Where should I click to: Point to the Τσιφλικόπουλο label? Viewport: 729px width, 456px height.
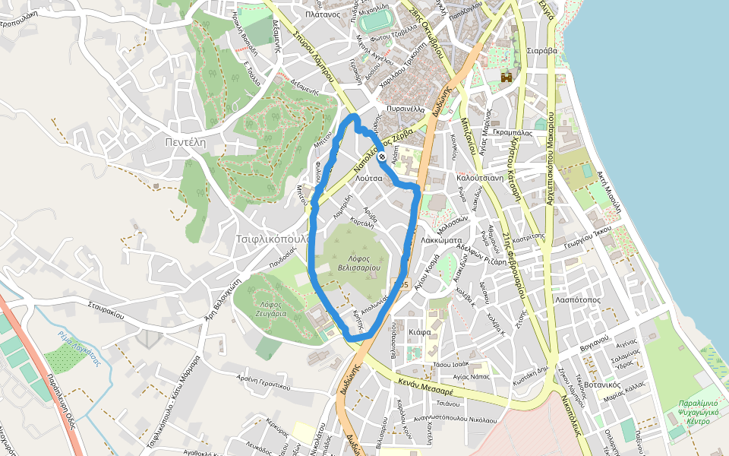point(272,238)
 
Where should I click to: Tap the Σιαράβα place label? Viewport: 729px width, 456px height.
point(541,51)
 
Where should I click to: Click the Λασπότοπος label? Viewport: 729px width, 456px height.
point(579,299)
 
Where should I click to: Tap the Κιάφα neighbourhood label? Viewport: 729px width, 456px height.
point(419,333)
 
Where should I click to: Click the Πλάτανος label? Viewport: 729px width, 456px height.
point(320,14)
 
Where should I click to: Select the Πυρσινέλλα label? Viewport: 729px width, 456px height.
point(405,109)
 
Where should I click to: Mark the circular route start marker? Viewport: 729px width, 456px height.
point(382,157)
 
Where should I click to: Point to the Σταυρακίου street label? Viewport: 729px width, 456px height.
point(105,309)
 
